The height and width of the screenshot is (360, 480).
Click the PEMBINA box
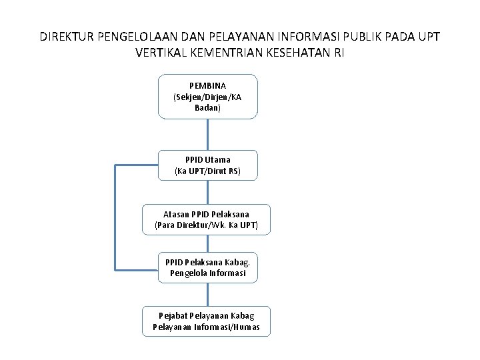(207, 97)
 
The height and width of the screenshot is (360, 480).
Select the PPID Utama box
(207, 165)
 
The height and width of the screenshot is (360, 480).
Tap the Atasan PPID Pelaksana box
(207, 219)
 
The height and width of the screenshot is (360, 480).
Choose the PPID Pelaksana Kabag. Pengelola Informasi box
(207, 267)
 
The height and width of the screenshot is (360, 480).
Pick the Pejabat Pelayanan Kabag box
(207, 321)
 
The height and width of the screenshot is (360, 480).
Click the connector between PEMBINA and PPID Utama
(207, 135)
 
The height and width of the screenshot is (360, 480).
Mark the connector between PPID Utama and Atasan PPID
(207, 192)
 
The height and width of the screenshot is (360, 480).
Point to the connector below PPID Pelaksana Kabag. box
(207, 294)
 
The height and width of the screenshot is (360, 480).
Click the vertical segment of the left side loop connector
(115, 217)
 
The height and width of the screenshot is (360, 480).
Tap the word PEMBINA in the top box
(207, 86)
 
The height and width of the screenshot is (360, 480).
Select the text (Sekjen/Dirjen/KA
(207, 97)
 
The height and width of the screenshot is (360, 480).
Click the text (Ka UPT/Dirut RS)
(207, 171)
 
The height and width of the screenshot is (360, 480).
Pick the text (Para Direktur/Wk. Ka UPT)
(207, 225)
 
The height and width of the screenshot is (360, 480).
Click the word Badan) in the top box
(207, 107)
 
